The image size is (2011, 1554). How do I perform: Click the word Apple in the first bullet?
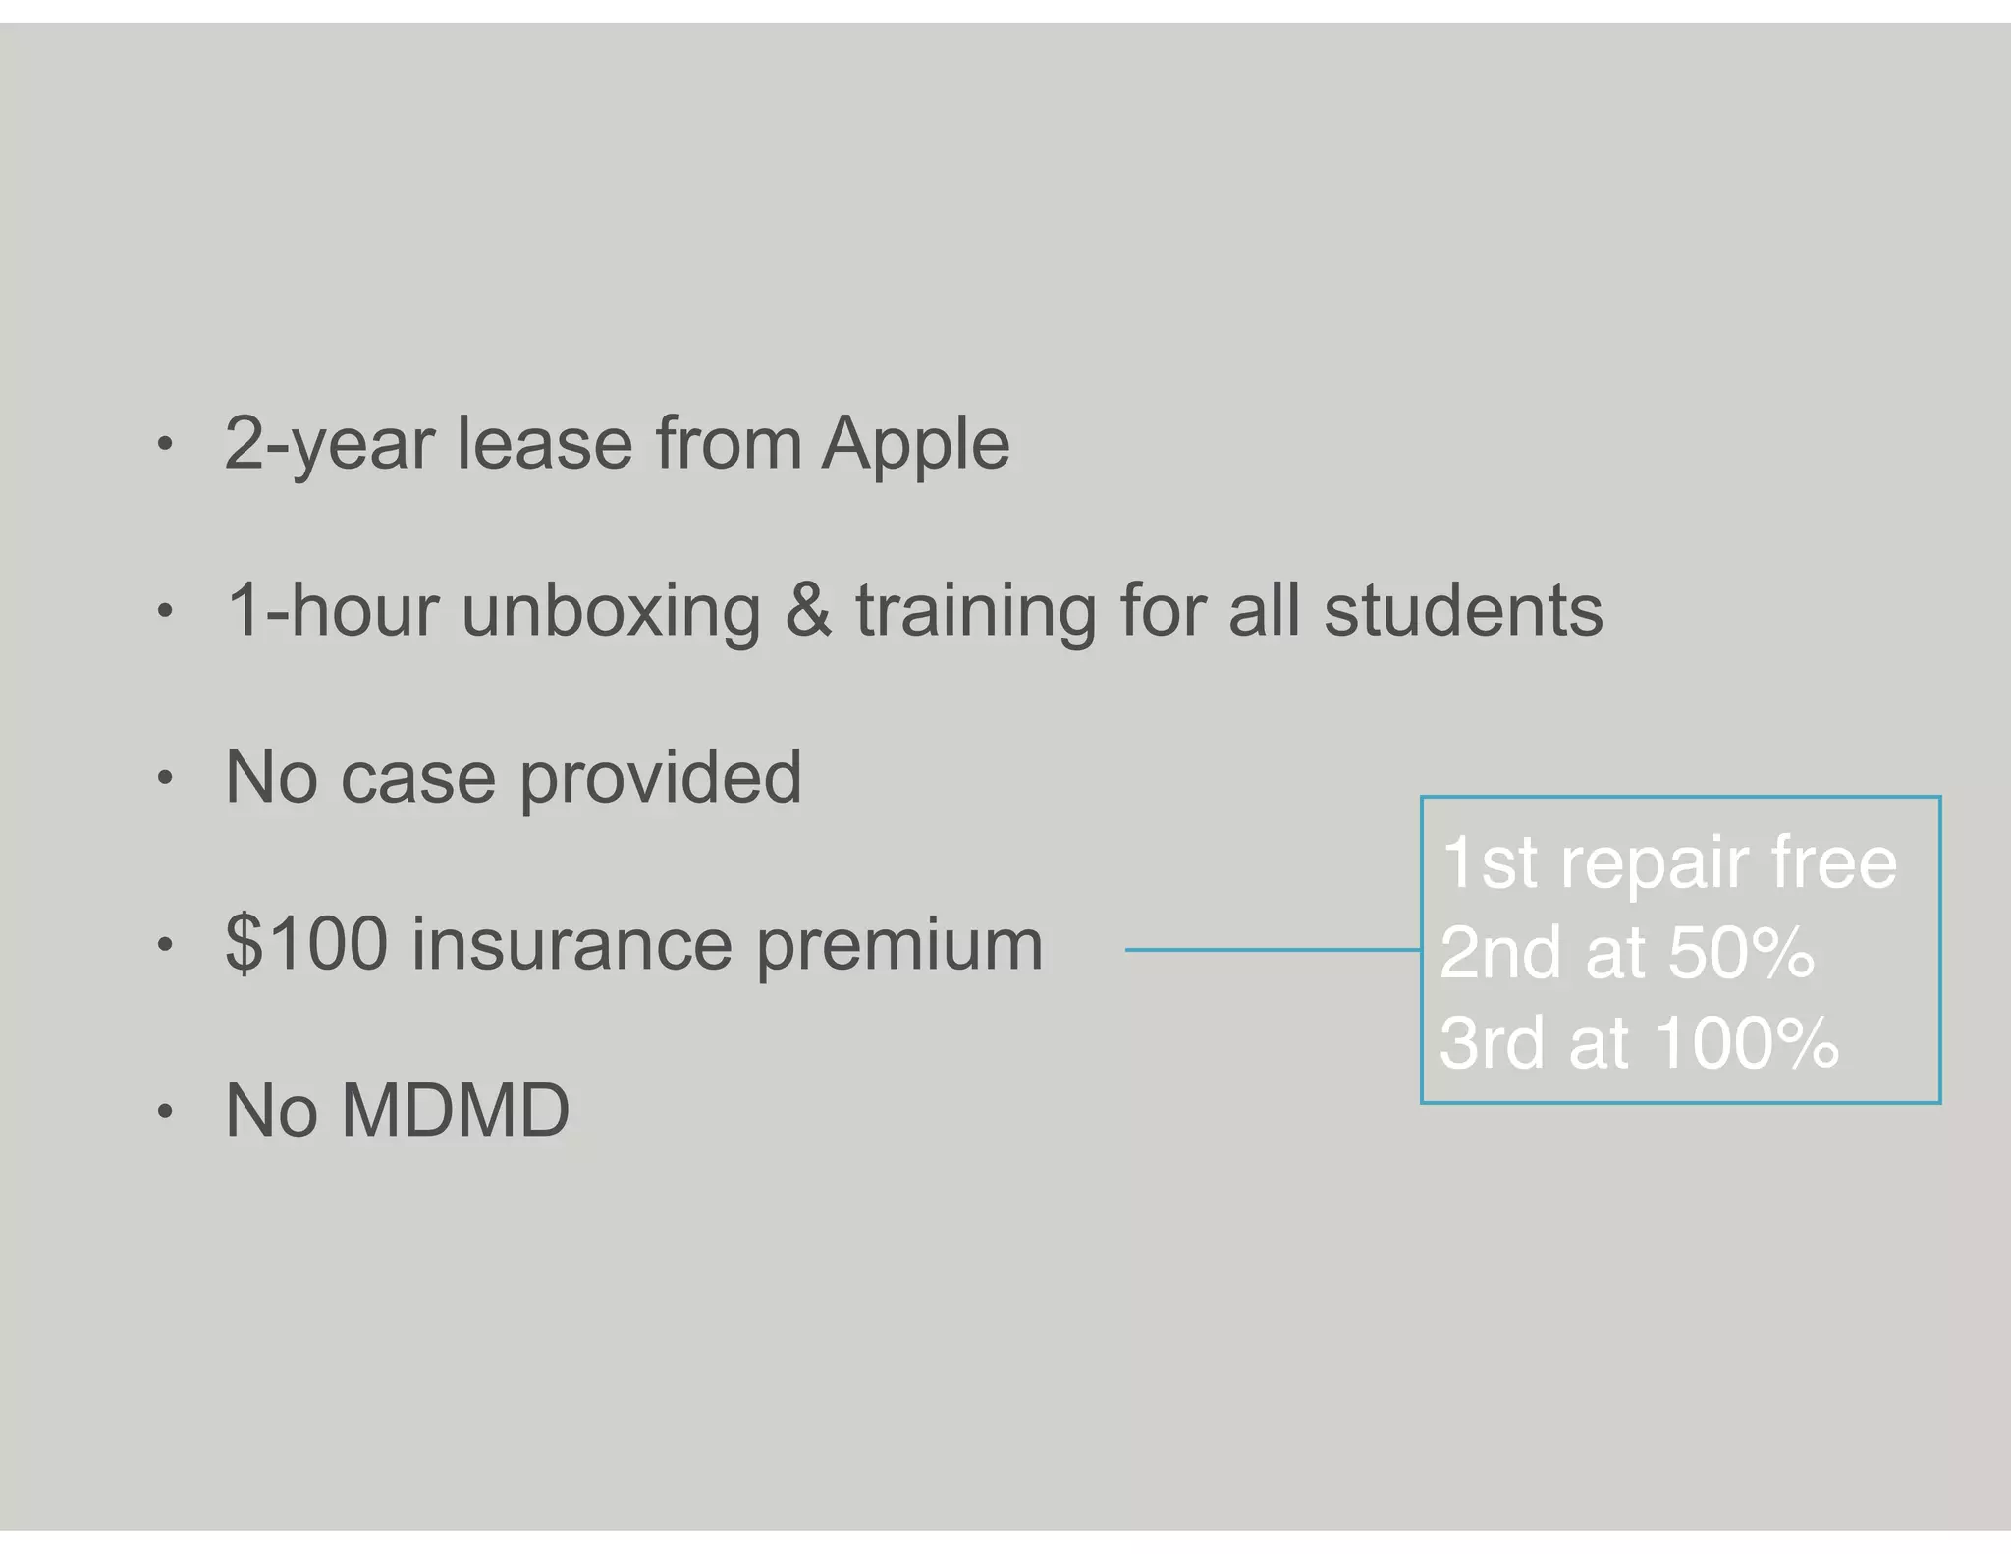point(915,445)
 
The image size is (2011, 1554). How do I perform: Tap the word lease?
point(545,443)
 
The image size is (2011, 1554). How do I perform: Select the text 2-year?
point(330,445)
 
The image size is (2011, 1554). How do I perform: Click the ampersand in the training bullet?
point(808,610)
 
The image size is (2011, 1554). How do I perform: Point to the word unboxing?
point(611,612)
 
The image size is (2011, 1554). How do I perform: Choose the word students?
point(1463,610)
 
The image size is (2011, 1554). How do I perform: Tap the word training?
point(976,612)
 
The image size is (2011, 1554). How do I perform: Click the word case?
point(417,777)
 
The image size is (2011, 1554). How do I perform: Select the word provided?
point(660,777)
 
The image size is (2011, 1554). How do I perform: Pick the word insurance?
point(571,944)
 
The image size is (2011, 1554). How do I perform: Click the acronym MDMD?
point(455,1111)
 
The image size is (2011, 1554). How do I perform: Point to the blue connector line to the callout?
point(1273,950)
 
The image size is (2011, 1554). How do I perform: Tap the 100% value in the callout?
point(1747,1042)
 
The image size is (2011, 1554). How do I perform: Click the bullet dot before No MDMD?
point(165,1112)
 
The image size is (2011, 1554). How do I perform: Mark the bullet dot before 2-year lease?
point(165,444)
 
